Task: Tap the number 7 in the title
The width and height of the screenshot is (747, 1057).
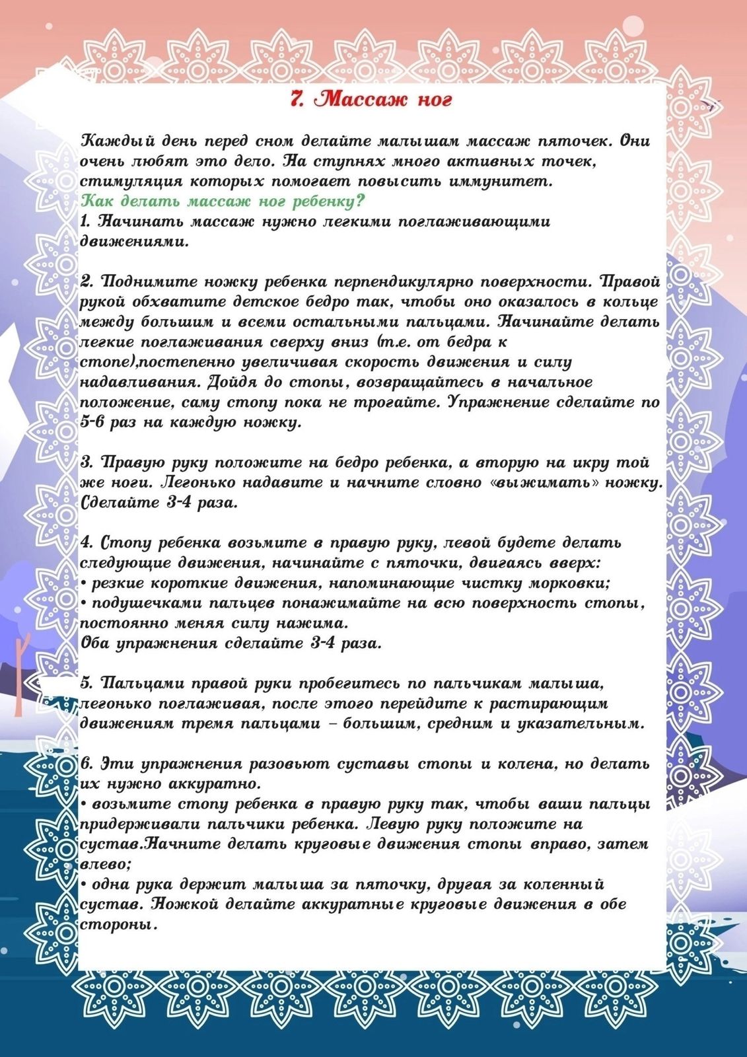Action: point(297,99)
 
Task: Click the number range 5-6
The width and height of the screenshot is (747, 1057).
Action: point(94,423)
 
